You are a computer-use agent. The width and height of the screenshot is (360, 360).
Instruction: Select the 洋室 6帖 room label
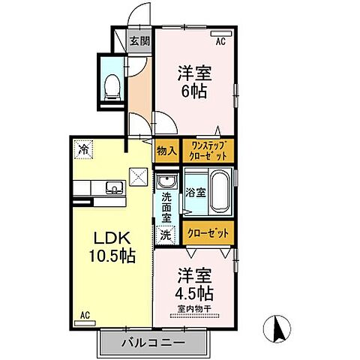(193, 82)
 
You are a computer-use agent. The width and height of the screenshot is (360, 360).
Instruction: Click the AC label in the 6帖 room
(220, 43)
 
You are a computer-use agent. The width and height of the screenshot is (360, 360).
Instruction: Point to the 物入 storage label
(166, 151)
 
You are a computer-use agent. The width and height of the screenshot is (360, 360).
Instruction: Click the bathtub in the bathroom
(220, 193)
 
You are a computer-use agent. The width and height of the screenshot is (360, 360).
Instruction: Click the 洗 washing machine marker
(164, 234)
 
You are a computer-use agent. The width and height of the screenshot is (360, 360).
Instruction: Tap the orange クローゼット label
(207, 234)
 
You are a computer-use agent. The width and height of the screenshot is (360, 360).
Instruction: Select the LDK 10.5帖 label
(113, 247)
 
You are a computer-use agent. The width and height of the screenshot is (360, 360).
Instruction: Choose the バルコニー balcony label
(153, 344)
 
